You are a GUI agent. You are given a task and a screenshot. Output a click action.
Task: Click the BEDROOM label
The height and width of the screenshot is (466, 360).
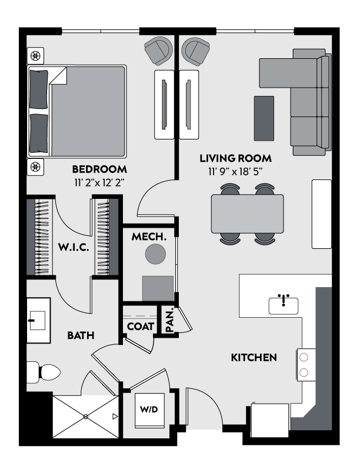click(x=100, y=169)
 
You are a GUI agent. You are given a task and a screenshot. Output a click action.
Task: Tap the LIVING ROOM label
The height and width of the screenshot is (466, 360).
click(x=235, y=158)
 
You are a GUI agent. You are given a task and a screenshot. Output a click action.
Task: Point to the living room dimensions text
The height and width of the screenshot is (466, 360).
click(x=235, y=172)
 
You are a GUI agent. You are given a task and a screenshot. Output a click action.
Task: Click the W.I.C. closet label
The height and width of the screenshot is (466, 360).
click(x=74, y=248)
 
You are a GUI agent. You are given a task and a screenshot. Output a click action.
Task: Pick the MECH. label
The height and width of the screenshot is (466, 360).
click(x=149, y=238)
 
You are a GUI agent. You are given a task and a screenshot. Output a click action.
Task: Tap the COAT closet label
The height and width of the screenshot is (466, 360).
click(x=141, y=326)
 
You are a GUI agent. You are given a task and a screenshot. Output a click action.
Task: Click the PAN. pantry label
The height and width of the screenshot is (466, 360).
click(x=169, y=321)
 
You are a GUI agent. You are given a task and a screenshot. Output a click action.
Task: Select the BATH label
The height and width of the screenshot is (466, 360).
click(x=81, y=335)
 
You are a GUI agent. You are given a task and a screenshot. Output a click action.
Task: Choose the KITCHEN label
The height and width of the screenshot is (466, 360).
click(x=254, y=357)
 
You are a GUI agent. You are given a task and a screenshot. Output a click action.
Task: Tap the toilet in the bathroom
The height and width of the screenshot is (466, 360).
click(x=44, y=372)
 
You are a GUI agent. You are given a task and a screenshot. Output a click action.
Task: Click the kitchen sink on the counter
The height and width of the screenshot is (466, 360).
click(x=284, y=305)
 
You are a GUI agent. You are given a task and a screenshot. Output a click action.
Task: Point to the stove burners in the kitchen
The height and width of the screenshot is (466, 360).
click(x=305, y=364)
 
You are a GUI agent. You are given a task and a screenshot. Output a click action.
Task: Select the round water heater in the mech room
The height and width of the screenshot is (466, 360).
click(x=156, y=254)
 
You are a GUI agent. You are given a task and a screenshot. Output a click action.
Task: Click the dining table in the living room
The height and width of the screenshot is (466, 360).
click(x=247, y=214)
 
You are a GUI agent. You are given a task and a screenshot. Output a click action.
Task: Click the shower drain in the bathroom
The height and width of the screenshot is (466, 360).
click(x=86, y=416)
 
